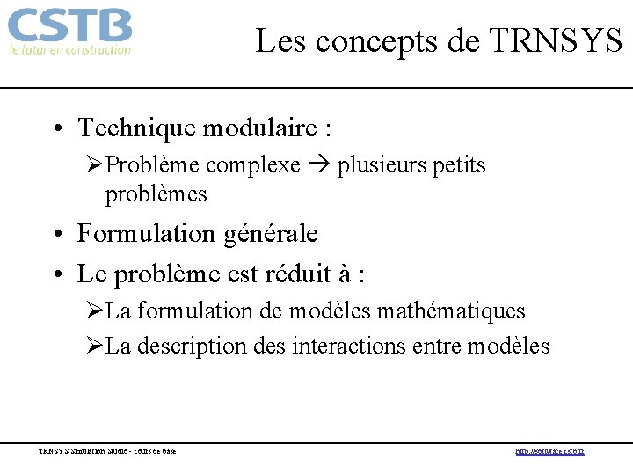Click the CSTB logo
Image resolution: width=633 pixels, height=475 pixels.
coord(69,26)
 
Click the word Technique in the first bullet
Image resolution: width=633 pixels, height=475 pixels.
coord(136,128)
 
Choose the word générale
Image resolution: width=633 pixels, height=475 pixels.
coord(269,234)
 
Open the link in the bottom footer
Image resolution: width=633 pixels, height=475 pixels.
coord(549,452)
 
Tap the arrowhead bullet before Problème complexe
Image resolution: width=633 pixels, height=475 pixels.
coord(95,165)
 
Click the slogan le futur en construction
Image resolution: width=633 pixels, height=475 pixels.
coord(69,50)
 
